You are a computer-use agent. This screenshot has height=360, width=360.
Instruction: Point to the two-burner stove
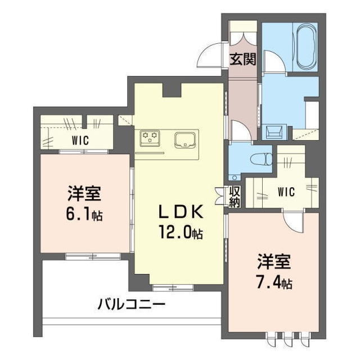point(150,137)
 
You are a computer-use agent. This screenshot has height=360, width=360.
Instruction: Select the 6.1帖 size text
point(85,214)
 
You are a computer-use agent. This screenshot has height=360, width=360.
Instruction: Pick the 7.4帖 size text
point(274,282)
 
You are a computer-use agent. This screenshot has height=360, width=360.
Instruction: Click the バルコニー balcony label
point(131,306)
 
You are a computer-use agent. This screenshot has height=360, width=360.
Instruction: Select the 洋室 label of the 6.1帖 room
point(84,195)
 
